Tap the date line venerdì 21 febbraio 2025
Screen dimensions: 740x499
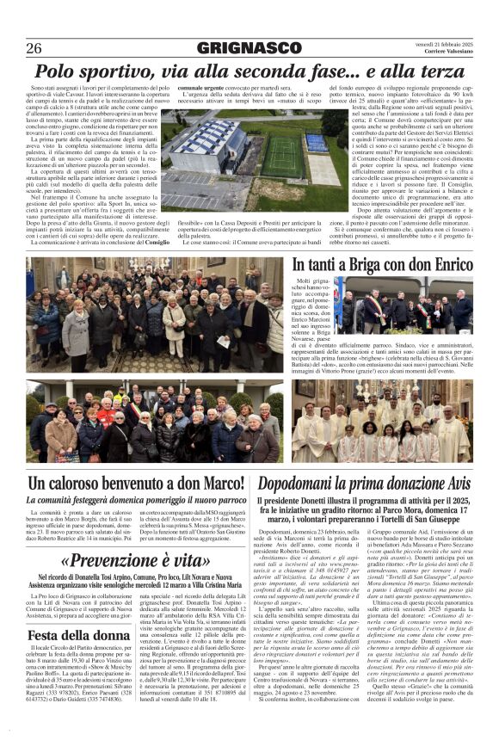point(440,42)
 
